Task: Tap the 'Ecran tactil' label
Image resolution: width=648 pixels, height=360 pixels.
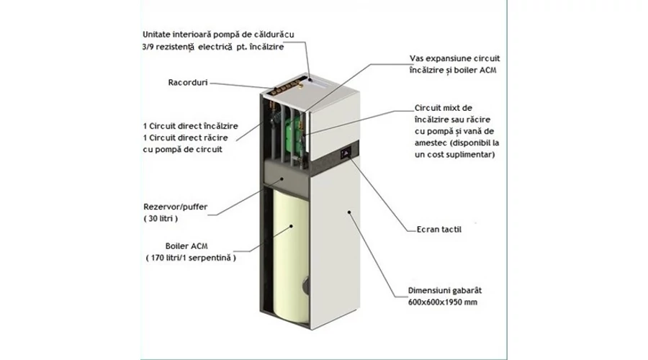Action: point(438,230)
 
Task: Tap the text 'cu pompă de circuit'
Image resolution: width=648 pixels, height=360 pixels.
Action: point(183,149)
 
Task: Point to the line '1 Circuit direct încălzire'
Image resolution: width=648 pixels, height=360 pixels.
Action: point(191,126)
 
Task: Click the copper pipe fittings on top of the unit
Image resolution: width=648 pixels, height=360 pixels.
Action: point(285,89)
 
